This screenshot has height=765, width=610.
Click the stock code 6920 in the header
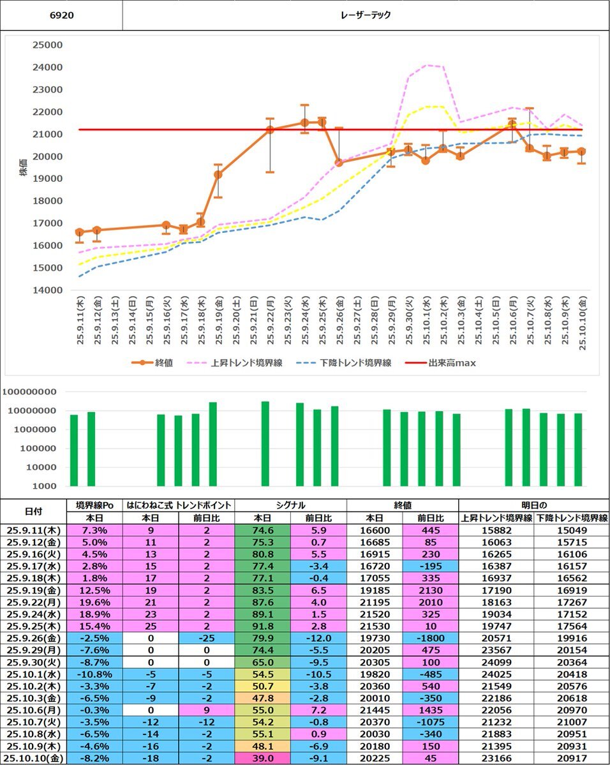click(61, 15)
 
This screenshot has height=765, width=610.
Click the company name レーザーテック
click(366, 15)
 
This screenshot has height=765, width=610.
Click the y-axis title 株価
click(24, 167)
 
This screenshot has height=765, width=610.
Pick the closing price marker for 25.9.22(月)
click(270, 130)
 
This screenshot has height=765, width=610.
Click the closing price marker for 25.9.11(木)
click(80, 232)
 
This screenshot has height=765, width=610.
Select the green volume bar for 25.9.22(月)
click(265, 443)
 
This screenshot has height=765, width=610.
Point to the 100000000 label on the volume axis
click(30, 392)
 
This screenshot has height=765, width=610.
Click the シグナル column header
click(290, 505)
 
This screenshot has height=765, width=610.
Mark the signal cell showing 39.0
click(262, 759)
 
